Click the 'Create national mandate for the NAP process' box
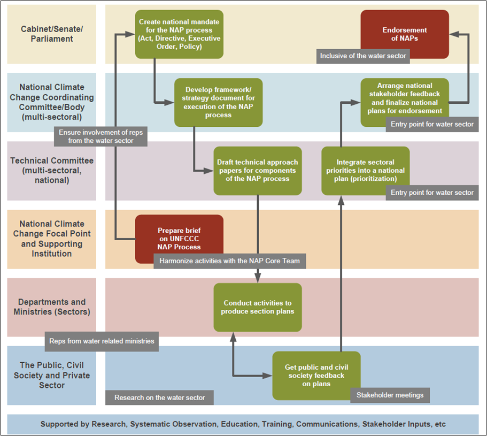click(179, 34)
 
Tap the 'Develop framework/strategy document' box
click(218, 103)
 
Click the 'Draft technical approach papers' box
click(258, 171)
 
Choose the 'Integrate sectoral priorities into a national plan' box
click(365, 171)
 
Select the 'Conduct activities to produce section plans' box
click(258, 307)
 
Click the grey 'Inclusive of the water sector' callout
click(363, 56)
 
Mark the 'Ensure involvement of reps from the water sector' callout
click(101, 136)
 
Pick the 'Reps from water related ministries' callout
click(102, 341)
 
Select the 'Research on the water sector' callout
click(159, 397)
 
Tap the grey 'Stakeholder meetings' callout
click(390, 395)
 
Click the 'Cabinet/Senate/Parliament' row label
click(52, 34)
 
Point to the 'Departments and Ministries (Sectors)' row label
click(52, 307)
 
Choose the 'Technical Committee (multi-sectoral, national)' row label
click(52, 171)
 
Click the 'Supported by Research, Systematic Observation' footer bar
click(243, 424)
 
